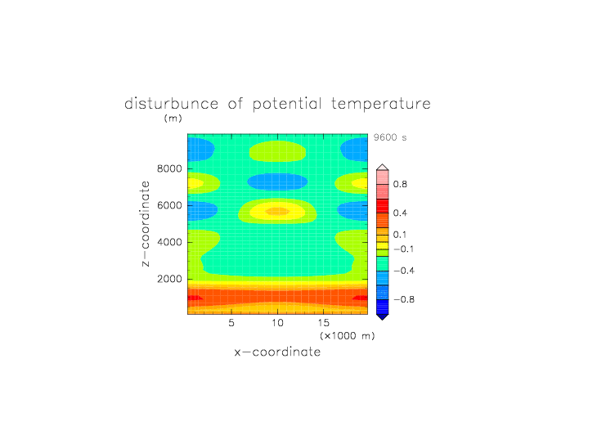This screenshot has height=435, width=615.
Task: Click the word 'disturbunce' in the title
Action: point(172,104)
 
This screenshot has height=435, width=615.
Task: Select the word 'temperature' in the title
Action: point(381,105)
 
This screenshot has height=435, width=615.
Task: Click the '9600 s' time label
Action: point(390,137)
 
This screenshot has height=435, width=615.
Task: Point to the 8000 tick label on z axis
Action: point(169,168)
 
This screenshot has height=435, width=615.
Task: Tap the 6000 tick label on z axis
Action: point(169,205)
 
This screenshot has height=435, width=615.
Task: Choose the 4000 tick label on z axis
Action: point(169,242)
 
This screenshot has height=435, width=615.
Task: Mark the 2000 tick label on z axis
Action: point(169,280)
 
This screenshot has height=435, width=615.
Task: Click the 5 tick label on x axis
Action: point(231,323)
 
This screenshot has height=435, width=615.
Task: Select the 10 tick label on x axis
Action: point(278,323)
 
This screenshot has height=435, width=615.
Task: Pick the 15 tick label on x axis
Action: point(324,323)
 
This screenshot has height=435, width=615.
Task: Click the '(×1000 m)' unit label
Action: point(348,336)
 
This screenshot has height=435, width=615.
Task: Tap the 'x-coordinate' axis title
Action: point(278,352)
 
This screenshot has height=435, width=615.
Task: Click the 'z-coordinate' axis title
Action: point(145,224)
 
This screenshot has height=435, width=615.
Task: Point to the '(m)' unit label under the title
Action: point(173,118)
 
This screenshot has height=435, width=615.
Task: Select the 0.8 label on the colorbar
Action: point(400,184)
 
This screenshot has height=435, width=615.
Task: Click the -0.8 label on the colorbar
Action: point(404,299)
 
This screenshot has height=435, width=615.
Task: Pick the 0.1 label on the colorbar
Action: point(400,235)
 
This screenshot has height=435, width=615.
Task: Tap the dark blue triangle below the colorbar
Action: point(383,317)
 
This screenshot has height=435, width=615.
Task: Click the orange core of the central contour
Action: point(278,212)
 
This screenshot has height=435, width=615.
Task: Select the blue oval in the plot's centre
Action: point(278,182)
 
